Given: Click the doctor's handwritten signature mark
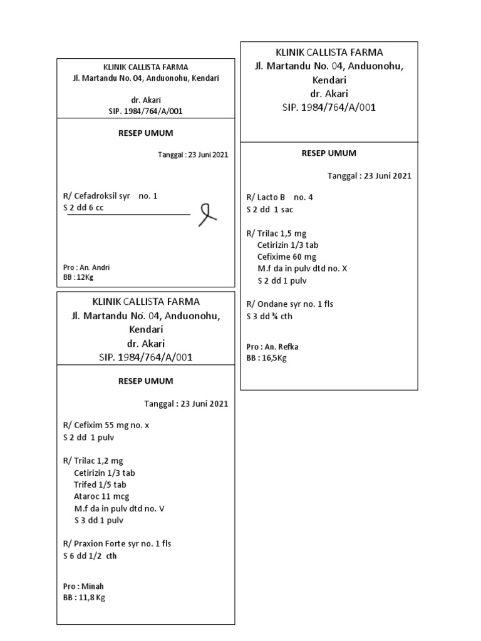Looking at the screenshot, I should pos(207,215).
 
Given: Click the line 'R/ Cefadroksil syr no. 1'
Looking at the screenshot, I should pos(110,196).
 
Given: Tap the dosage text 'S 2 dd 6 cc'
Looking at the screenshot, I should pos(83,208).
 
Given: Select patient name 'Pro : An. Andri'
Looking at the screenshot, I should pos(87,267).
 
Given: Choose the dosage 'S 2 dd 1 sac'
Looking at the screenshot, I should pos(270,210).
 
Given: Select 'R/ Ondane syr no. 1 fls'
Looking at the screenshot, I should pos(290,304).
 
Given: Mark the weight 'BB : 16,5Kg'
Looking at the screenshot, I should pos(266,358).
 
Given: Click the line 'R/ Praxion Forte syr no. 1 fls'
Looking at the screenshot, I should pos(117,543).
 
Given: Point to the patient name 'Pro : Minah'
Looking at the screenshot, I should pos(84,587).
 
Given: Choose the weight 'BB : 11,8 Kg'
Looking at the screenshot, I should pos(85,598).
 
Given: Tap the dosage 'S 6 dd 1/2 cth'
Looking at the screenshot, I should pos(90,555).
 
